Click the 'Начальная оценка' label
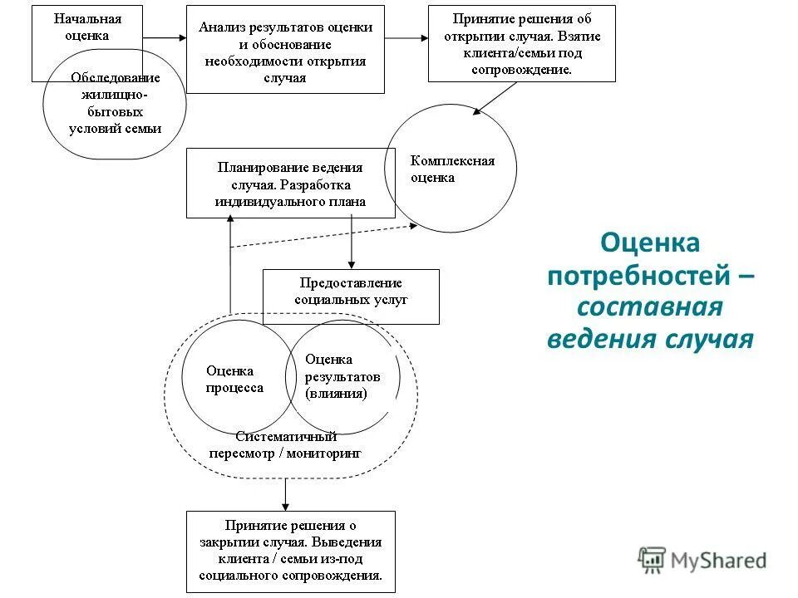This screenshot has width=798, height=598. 86,27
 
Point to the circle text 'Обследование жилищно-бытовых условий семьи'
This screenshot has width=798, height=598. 115,103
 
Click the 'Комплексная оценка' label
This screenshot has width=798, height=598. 451,169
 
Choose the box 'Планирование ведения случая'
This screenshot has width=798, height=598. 290,183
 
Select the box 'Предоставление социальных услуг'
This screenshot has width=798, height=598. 351,291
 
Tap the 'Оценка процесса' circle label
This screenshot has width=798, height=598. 234,380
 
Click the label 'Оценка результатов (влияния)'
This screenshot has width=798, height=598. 342,375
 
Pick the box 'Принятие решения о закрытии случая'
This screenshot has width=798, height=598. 290,551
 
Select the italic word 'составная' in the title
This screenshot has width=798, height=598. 649,306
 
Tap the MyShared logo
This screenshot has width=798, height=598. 702,561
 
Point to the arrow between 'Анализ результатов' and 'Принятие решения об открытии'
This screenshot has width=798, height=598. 406,38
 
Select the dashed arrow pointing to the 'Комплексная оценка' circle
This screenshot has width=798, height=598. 324,235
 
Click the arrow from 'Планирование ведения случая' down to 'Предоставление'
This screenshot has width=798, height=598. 352,243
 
